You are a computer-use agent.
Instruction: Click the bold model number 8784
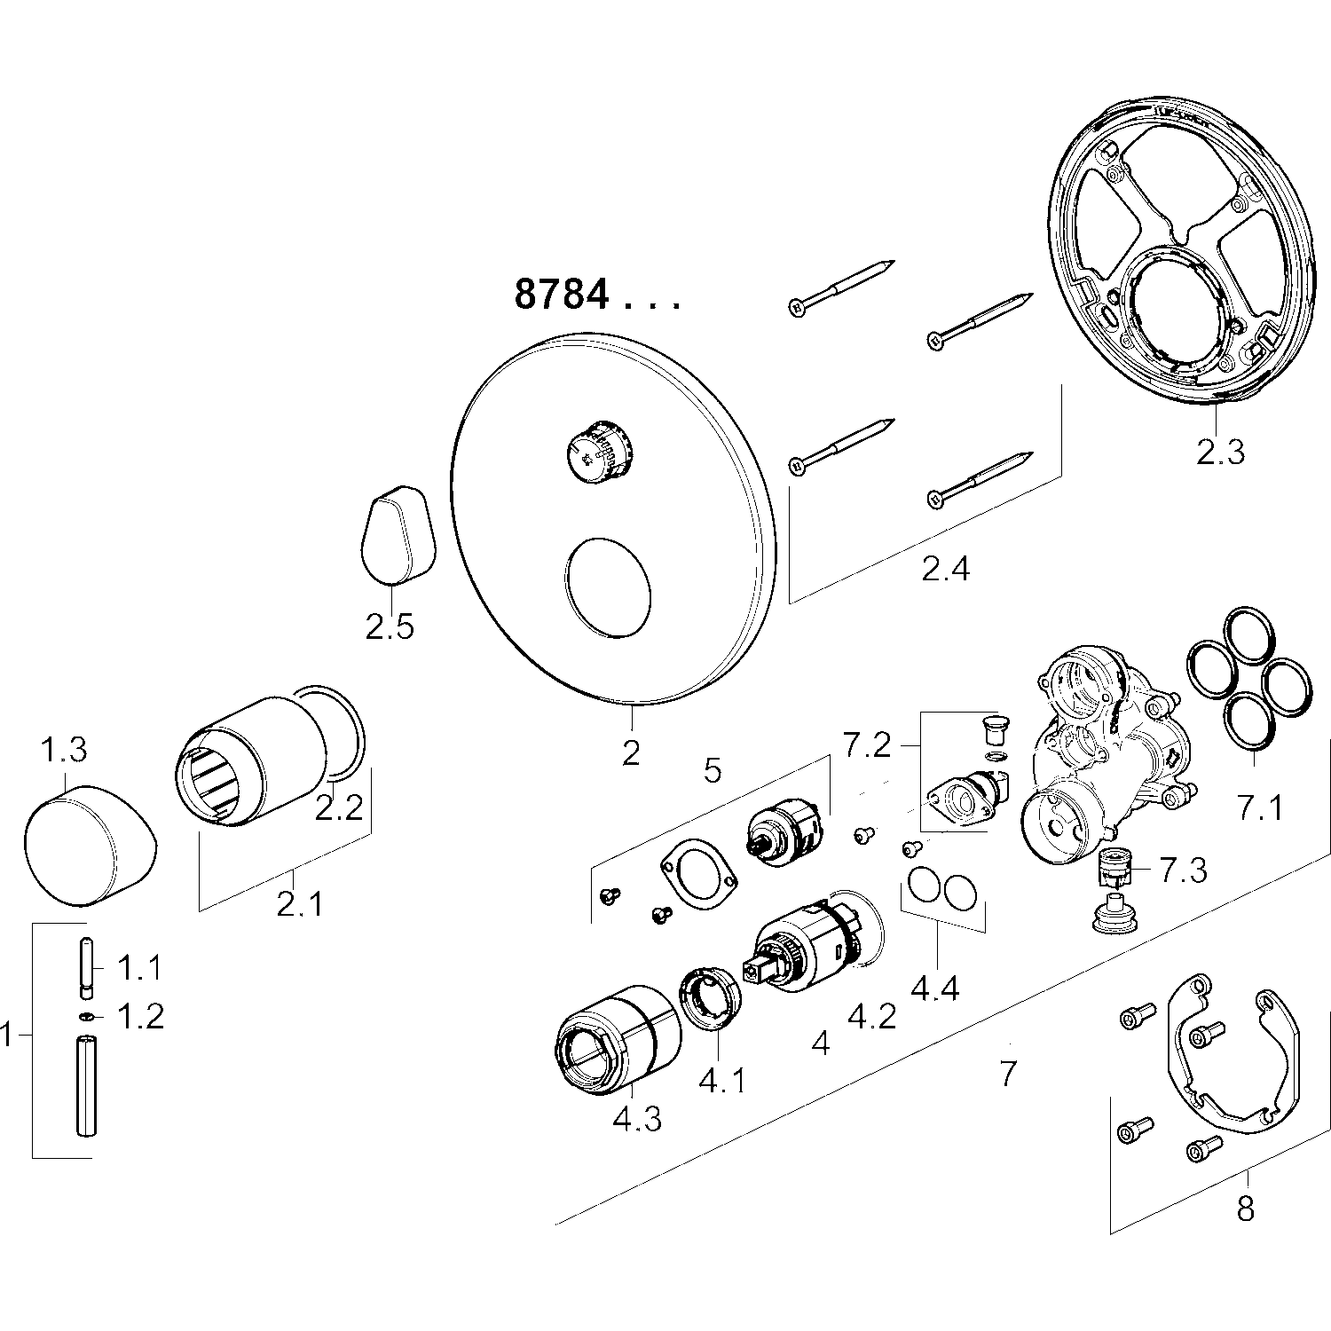click(x=562, y=294)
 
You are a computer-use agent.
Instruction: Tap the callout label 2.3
click(x=1220, y=452)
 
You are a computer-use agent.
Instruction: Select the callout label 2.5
click(x=390, y=627)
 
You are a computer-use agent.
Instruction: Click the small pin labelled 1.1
click(x=88, y=968)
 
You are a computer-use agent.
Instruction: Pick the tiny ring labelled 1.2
click(x=87, y=1017)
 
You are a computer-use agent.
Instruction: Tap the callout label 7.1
click(x=1260, y=808)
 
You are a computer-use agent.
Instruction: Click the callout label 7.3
click(x=1184, y=870)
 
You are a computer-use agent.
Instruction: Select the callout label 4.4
click(x=935, y=988)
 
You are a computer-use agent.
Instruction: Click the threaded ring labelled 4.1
click(x=711, y=999)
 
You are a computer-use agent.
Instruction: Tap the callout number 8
click(x=1246, y=1209)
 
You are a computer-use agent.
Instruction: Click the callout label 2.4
click(x=946, y=568)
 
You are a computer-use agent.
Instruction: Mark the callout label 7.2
click(x=867, y=745)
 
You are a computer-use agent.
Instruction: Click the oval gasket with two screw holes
click(x=699, y=874)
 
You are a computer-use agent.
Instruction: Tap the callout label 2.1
click(x=301, y=904)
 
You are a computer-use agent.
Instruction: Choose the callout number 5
click(x=713, y=770)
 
